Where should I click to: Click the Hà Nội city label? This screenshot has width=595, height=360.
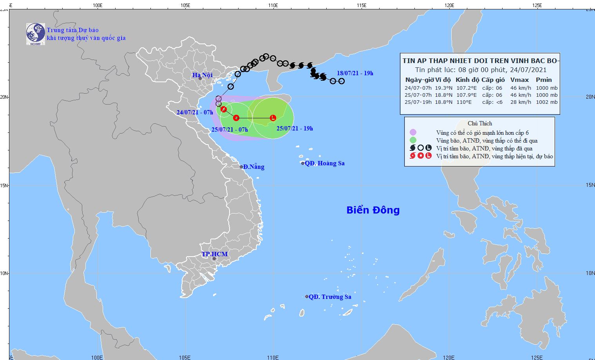203,75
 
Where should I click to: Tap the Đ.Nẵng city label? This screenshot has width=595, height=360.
253,167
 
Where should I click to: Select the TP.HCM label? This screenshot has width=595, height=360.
215,254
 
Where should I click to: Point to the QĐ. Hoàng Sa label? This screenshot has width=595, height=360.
325,163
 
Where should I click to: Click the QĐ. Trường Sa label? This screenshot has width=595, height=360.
330,297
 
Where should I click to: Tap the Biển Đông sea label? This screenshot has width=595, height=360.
373,210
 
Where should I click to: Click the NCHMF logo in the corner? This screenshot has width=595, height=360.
36,34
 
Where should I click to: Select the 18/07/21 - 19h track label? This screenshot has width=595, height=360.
355,73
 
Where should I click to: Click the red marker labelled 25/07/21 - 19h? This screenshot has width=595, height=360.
273,118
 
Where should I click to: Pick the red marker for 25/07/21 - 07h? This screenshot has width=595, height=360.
236,118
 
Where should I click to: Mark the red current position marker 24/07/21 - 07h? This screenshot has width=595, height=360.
224,109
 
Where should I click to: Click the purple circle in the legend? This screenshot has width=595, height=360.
413,132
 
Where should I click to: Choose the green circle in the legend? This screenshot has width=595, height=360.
413,140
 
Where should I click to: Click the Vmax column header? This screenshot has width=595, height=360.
520,80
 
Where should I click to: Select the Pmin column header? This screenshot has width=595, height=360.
544,80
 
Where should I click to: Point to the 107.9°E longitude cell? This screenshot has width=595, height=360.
467,95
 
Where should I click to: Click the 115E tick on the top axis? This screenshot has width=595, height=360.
362,5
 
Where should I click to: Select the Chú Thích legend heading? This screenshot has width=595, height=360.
479,123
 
